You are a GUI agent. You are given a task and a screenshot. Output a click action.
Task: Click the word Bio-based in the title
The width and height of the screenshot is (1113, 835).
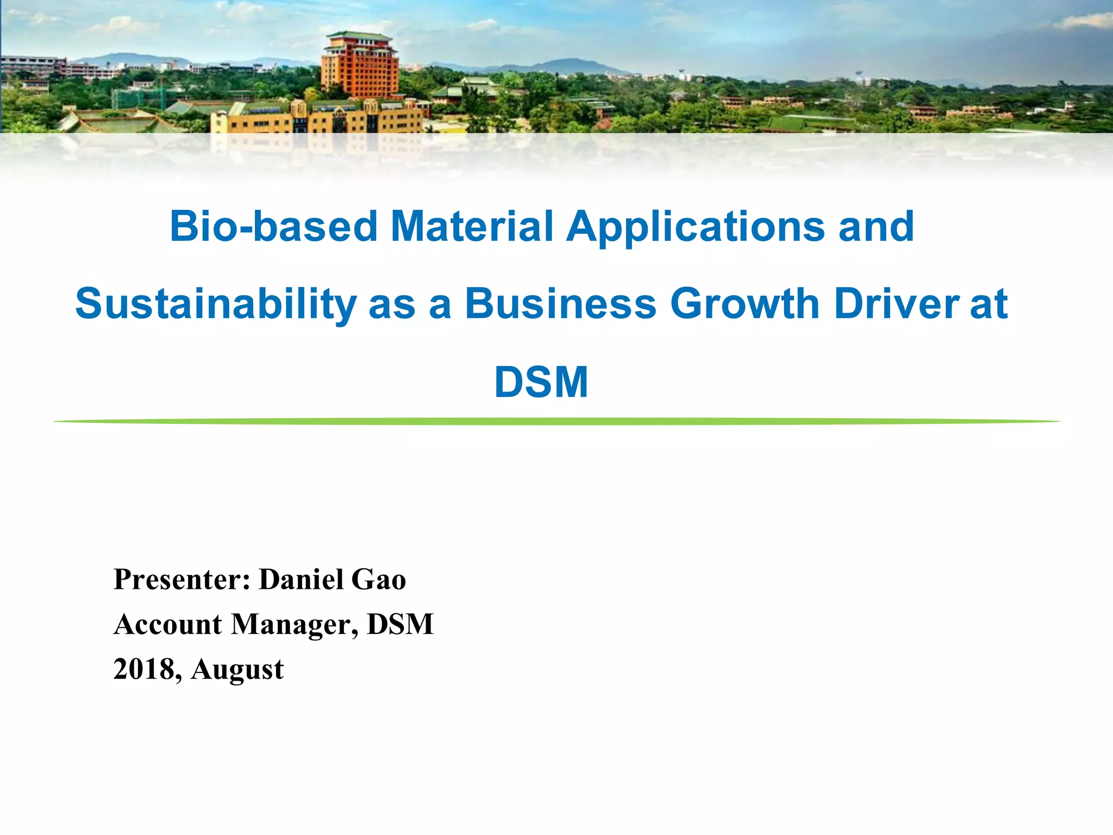click(x=273, y=227)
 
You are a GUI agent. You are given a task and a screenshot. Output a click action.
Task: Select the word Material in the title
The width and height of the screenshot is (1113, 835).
click(x=472, y=227)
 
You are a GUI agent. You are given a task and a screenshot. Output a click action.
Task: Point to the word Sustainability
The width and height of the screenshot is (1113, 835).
click(x=216, y=304)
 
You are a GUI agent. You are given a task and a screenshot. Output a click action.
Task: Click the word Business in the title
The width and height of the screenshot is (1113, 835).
click(x=560, y=303)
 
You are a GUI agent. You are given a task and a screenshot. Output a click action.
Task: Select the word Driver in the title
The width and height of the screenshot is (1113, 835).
click(x=897, y=303)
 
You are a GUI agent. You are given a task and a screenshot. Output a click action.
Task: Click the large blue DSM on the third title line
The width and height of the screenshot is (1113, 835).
click(x=541, y=382)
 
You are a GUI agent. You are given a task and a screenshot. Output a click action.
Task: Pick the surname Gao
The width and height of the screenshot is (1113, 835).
click(x=379, y=579)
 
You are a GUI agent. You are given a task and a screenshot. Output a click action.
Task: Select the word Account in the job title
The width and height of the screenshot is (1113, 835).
click(x=168, y=624)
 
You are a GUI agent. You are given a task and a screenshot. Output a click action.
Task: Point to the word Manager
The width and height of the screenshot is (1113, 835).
click(x=295, y=625)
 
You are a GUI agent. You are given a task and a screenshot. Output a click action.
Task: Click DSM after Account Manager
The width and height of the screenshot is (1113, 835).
click(x=401, y=624)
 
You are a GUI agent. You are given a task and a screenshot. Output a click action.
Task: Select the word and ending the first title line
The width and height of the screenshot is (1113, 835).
click(x=876, y=227)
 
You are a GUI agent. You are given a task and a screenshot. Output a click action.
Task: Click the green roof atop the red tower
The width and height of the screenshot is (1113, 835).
click(x=359, y=36)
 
